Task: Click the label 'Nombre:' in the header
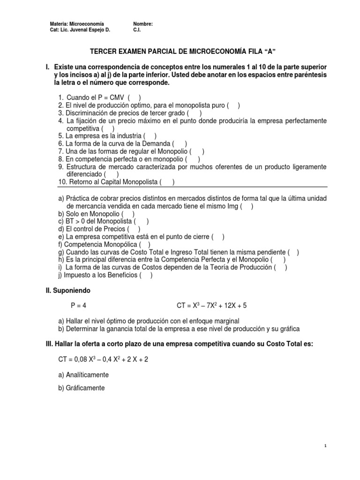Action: (x=143, y=23)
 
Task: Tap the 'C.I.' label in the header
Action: (x=137, y=30)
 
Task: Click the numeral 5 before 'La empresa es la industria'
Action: (x=60, y=136)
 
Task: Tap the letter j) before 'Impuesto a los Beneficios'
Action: (x=61, y=275)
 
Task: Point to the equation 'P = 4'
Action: (x=79, y=306)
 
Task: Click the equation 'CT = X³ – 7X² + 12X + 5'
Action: (x=211, y=306)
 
